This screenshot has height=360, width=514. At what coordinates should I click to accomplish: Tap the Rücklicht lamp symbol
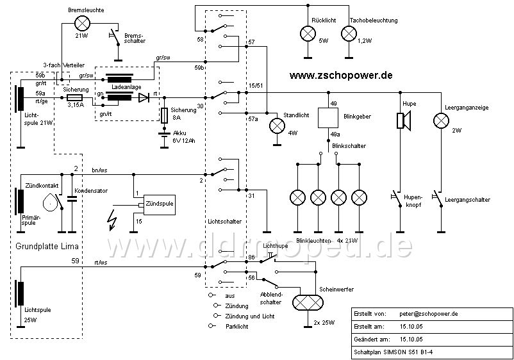308,34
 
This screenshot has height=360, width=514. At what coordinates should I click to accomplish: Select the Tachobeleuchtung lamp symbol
349,34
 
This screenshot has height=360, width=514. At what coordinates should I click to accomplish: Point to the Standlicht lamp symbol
278,126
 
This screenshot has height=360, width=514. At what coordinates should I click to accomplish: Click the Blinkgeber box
328,118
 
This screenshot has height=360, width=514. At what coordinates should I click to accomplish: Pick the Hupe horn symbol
404,121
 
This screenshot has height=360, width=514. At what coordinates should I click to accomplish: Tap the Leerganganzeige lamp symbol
441,121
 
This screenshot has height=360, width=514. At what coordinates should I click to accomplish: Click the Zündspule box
160,205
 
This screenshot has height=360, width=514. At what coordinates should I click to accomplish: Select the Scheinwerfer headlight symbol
308,302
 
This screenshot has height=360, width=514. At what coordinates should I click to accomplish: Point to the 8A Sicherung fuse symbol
165,115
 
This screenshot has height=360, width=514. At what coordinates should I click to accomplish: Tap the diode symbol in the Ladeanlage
144,97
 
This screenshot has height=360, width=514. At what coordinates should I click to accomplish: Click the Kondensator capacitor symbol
72,198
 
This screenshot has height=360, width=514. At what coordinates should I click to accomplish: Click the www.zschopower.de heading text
341,76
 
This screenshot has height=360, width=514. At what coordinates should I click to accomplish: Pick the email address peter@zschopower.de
429,314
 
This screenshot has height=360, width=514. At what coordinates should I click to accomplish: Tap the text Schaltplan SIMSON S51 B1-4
394,352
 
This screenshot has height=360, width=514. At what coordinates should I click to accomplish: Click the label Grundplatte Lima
47,247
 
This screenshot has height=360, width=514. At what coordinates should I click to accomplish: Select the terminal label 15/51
256,86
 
